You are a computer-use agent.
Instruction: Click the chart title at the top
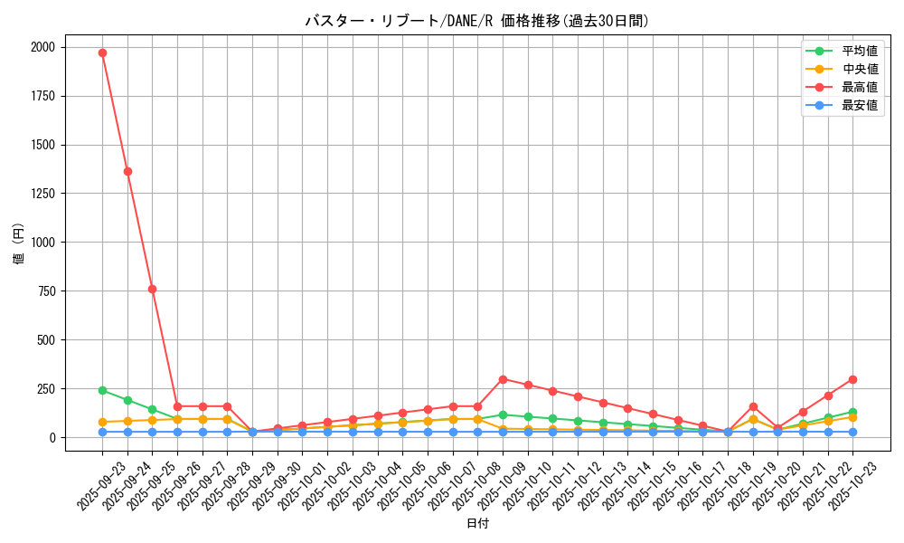click(x=476, y=21)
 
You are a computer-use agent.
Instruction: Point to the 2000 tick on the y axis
click(x=42, y=47)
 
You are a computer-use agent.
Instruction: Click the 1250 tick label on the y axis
click(x=42, y=194)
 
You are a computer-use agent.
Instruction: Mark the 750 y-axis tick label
click(x=46, y=291)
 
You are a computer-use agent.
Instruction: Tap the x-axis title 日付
click(x=476, y=524)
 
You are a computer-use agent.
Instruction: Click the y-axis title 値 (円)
click(x=19, y=244)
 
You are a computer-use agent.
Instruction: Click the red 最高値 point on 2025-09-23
click(x=102, y=52)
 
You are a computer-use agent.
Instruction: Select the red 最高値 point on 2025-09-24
click(x=127, y=171)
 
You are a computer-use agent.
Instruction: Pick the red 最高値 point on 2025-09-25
click(x=152, y=289)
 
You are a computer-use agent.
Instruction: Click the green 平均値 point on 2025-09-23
click(x=102, y=390)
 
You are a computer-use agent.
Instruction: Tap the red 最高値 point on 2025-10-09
click(x=503, y=379)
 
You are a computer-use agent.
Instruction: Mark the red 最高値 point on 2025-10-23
click(x=852, y=379)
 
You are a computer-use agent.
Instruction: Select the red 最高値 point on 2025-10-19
click(x=753, y=406)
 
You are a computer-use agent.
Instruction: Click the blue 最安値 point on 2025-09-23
click(x=102, y=432)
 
